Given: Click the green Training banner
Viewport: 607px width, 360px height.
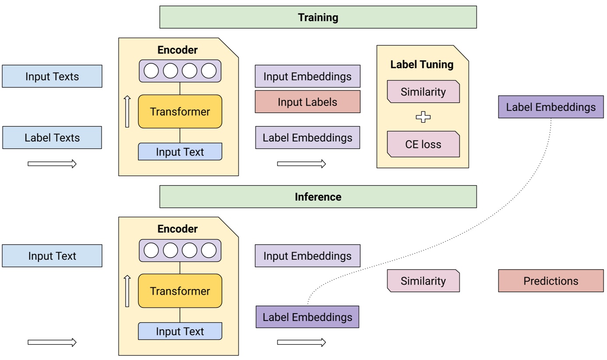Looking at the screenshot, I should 318,17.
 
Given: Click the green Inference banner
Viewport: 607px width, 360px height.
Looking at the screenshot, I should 318,197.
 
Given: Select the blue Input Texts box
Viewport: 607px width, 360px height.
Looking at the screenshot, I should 52,76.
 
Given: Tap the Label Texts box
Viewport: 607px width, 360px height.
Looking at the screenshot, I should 52,138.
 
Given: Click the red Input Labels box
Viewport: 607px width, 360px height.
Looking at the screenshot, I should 307,102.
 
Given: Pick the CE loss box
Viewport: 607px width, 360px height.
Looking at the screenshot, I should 423,144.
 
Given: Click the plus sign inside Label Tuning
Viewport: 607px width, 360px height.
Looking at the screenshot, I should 423,117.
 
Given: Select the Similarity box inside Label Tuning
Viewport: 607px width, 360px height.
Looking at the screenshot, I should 423,92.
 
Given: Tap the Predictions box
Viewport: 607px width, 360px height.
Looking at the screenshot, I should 551,281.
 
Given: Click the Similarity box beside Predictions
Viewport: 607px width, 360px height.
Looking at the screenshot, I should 423,281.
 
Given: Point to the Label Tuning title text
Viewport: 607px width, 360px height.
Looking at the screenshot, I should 422,65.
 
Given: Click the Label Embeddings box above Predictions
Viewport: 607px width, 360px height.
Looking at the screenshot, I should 551,107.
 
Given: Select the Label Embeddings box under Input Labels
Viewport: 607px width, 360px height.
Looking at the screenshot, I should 307,138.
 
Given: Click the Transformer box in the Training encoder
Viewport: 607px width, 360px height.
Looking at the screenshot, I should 180,112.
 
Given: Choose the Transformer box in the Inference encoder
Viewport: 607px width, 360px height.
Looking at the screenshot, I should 180,291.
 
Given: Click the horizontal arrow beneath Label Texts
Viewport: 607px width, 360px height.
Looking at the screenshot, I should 52,164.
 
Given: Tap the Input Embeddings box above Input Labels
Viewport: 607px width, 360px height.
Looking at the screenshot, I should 307,76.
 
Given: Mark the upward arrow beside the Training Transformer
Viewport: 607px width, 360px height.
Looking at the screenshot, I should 127,112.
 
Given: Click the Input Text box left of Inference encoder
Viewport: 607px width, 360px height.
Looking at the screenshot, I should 52,256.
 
